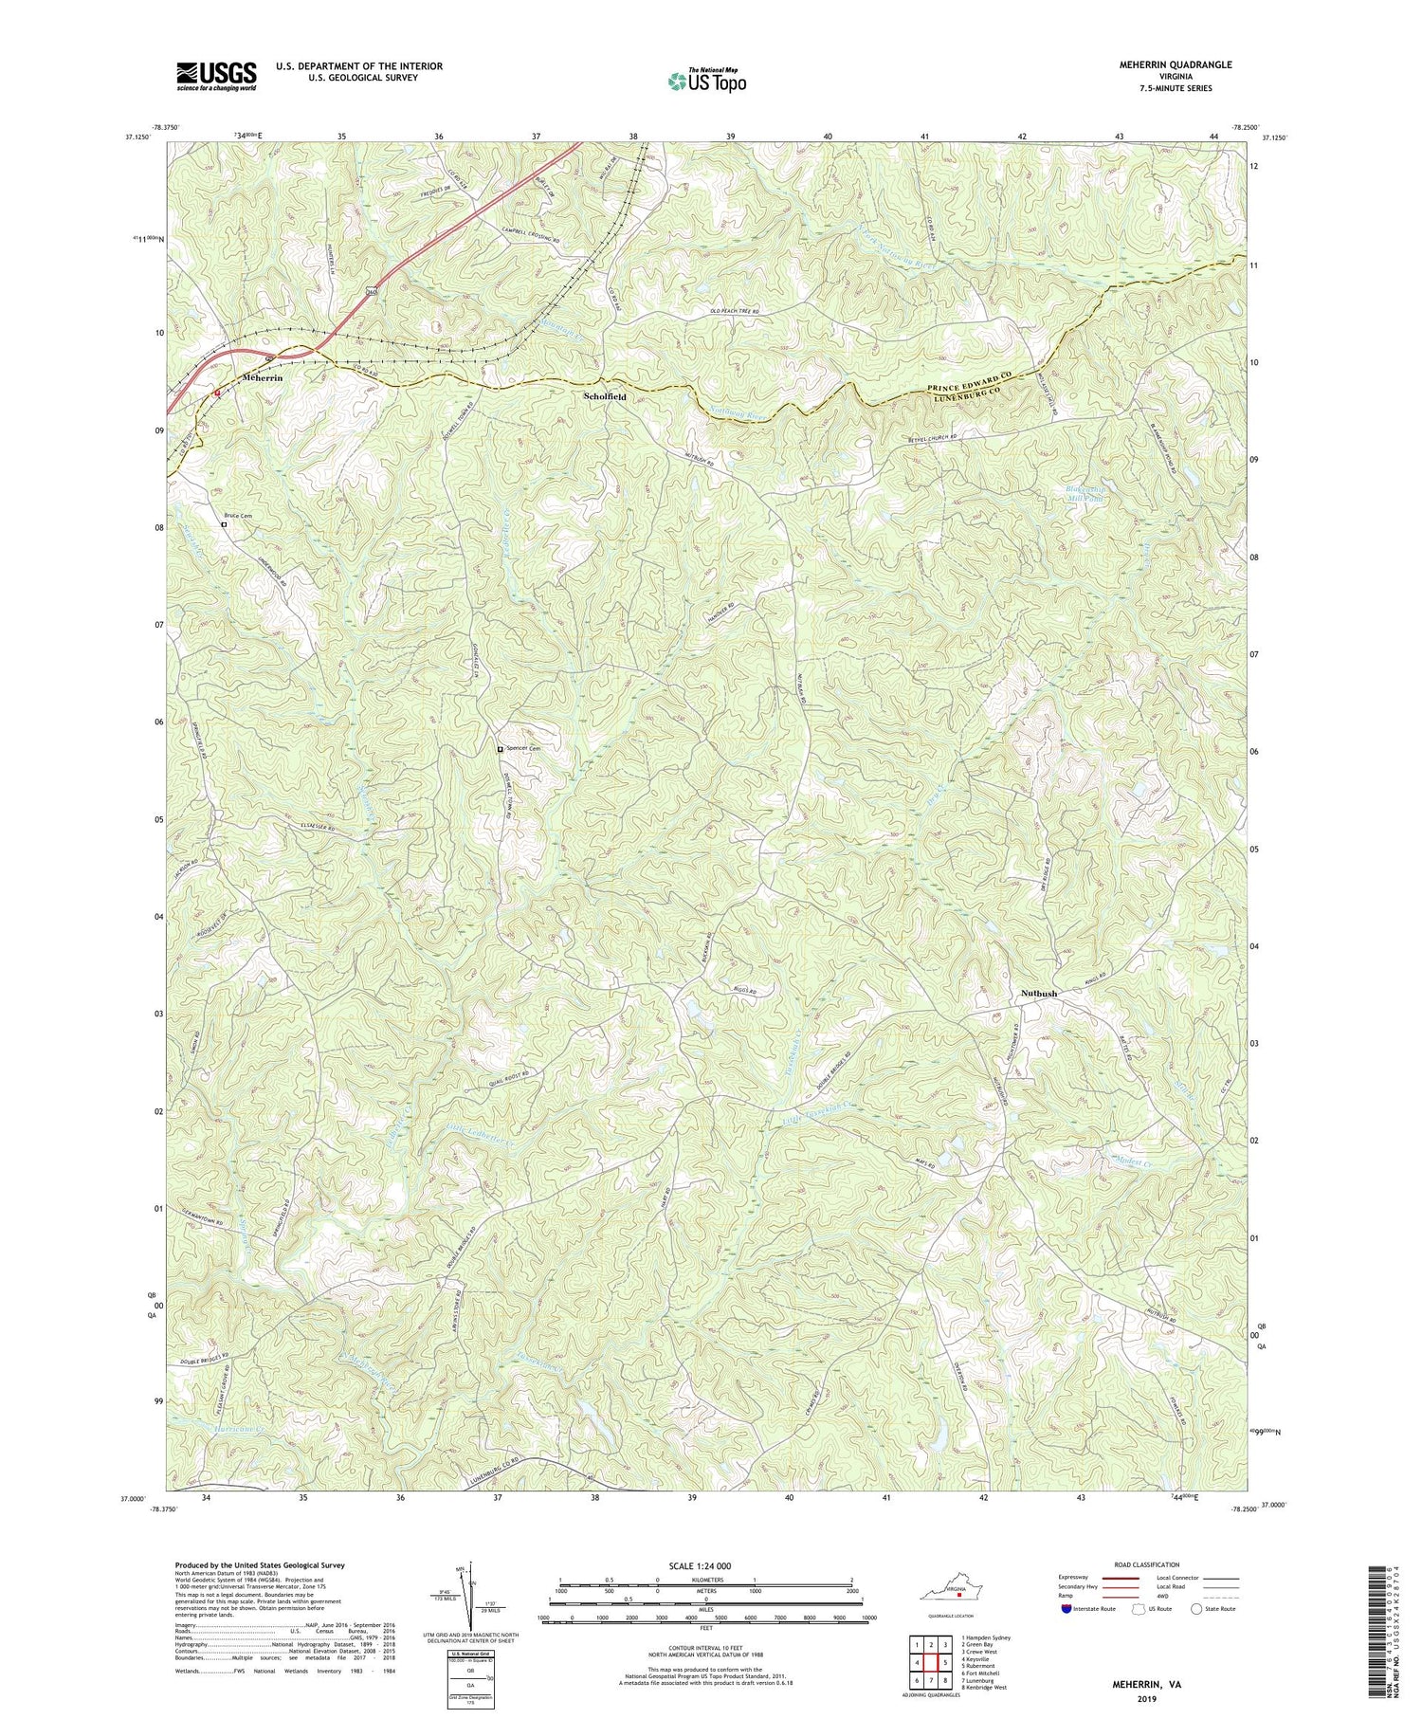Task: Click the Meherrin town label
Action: (263, 377)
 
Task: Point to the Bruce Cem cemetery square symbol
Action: (225, 524)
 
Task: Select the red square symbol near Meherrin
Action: (216, 391)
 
